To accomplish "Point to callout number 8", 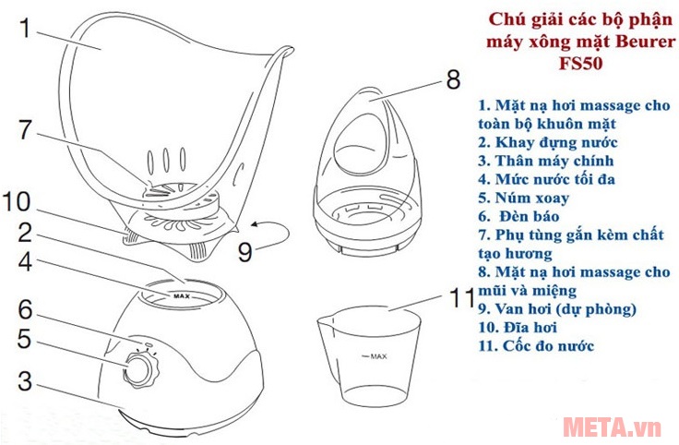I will (451, 78).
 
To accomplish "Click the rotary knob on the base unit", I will (139, 370).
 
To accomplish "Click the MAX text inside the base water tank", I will (181, 296).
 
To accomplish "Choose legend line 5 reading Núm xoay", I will (524, 198).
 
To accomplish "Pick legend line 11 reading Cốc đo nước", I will (536, 346).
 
